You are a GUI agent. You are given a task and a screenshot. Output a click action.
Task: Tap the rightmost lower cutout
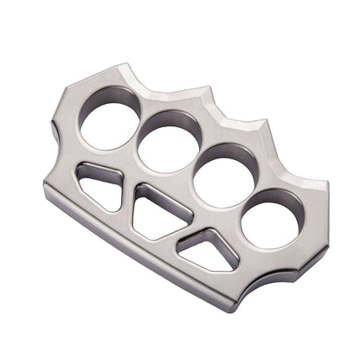coord(209,249)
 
